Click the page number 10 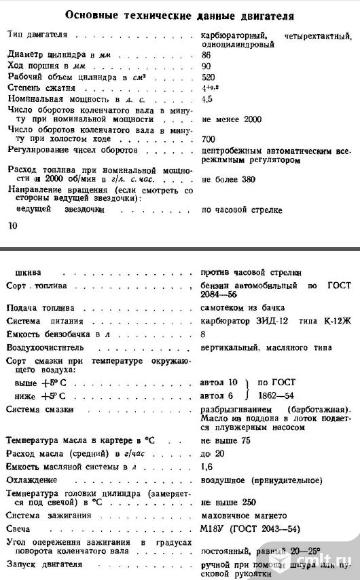[12, 228]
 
